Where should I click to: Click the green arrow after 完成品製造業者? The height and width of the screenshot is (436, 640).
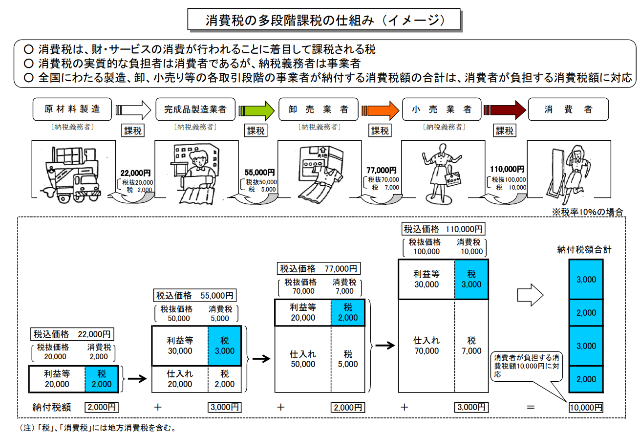click(257, 109)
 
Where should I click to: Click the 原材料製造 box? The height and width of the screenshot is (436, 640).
click(72, 109)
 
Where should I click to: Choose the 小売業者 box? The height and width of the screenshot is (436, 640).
click(441, 109)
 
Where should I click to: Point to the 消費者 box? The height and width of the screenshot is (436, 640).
click(568, 109)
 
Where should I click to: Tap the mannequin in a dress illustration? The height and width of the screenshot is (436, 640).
click(441, 171)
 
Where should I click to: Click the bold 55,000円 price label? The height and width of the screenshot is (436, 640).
click(259, 173)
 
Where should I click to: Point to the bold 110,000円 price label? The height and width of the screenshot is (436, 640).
click(507, 169)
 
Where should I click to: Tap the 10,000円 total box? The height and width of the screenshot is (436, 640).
click(585, 407)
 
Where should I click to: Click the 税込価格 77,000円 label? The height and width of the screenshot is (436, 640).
click(319, 268)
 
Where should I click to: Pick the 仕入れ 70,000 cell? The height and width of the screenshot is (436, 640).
click(426, 346)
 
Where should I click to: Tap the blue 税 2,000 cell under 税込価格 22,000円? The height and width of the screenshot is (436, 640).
click(101, 379)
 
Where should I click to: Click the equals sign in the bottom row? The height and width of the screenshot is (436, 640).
click(531, 407)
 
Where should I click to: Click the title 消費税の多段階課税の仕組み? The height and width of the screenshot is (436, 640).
click(324, 20)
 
